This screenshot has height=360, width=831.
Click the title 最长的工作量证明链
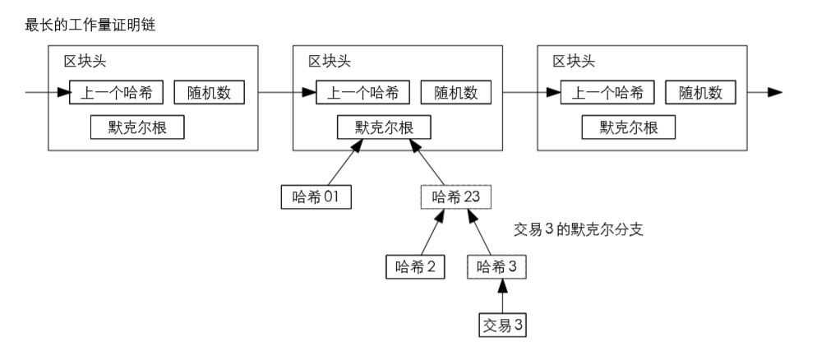click(x=90, y=25)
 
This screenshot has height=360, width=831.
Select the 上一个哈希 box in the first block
click(x=117, y=92)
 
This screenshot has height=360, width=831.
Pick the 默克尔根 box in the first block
click(x=136, y=127)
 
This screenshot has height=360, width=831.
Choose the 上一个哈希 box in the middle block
click(x=362, y=92)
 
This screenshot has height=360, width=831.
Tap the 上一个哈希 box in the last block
click(x=607, y=92)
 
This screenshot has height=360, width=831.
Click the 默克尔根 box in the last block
click(x=627, y=127)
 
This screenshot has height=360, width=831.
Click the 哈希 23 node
click(x=456, y=196)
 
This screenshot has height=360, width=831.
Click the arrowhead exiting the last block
click(x=774, y=92)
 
